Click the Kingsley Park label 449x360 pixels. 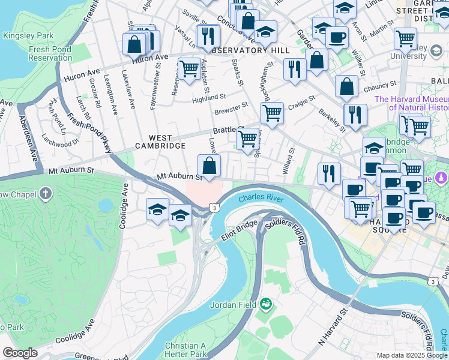click(23, 35)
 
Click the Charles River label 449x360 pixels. click(261, 198)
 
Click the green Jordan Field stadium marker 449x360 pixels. click(265, 304)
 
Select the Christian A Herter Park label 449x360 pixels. click(185, 350)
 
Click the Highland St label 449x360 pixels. click(209, 96)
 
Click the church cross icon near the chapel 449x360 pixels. click(46, 194)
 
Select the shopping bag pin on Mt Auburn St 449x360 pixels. click(209, 166)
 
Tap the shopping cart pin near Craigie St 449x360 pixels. click(272, 112)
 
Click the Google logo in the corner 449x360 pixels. click(20, 353)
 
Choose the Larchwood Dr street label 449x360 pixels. click(60, 139)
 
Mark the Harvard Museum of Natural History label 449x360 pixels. click(412, 103)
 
